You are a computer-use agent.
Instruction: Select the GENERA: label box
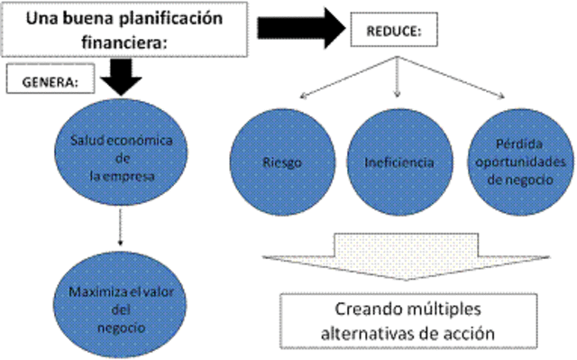point(47,80)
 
